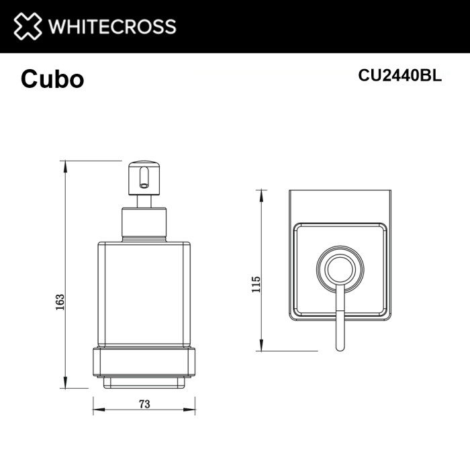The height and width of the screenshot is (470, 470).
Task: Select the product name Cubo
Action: point(52,79)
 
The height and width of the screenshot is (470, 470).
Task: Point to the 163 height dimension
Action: point(60,301)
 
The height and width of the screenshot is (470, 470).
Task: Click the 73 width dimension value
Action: point(144,404)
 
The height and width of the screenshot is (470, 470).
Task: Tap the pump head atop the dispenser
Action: point(142,175)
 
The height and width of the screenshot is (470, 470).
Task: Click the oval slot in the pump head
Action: point(142,178)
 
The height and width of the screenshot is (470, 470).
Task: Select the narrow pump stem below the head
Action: point(143,201)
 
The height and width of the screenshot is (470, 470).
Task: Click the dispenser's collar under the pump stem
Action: point(143,224)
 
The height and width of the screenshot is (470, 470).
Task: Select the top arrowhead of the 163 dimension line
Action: point(65,164)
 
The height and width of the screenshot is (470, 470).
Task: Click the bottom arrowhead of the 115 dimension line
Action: point(259,347)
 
